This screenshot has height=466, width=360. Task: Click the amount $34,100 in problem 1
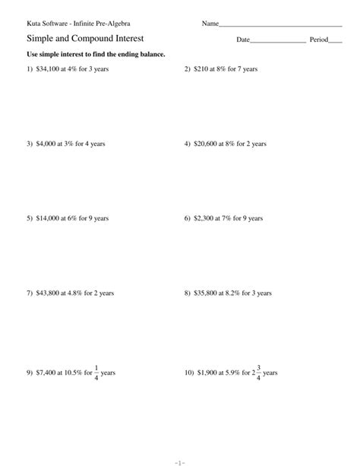48,69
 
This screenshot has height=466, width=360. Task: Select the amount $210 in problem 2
201,69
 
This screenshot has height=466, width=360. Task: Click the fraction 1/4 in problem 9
96,372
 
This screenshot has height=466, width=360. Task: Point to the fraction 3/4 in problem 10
258,372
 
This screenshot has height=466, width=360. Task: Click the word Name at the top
210,24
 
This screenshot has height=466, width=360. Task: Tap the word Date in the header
242,39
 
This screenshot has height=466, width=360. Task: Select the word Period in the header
318,39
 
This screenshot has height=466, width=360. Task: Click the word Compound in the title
91,38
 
